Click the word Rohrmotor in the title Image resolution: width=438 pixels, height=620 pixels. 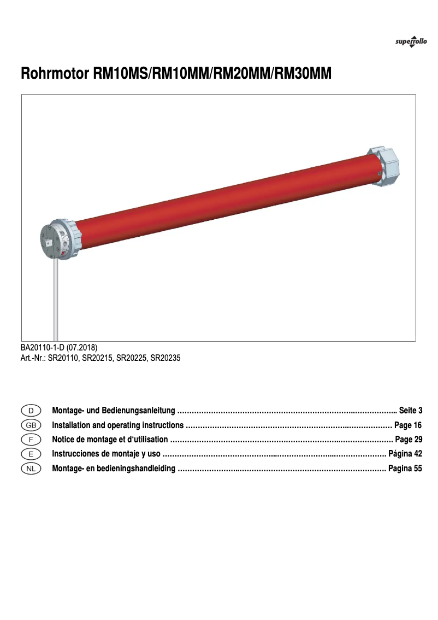pos(52,74)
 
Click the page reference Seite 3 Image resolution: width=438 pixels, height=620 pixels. pos(411,411)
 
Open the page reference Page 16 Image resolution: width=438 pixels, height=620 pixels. pos(409,425)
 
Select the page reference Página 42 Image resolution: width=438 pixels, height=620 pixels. pos(405,454)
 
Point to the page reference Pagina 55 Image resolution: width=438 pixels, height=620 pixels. pos(405,469)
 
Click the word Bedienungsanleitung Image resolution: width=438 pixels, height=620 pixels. pos(141,411)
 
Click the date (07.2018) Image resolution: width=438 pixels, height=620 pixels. pos(82,347)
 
